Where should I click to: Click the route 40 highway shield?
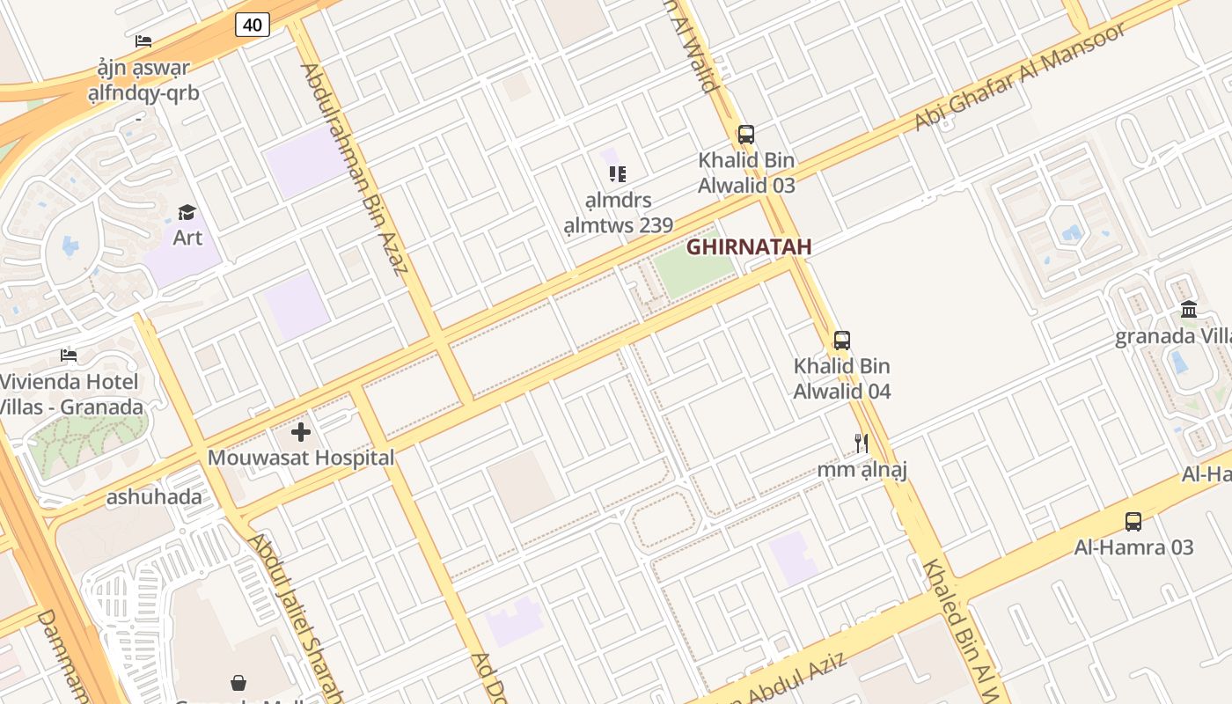click(252, 25)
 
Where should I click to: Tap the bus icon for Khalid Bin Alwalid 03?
click(746, 135)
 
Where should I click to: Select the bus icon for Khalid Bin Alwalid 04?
click(842, 340)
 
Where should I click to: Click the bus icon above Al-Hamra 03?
click(1133, 521)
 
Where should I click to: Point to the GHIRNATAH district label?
click(749, 247)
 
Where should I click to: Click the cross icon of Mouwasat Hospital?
click(301, 432)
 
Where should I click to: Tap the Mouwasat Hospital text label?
click(301, 458)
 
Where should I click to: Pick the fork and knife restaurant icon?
click(862, 443)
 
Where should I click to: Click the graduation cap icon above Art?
click(187, 212)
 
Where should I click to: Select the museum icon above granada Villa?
click(1190, 309)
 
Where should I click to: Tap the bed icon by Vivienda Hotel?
click(69, 356)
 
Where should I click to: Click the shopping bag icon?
click(238, 683)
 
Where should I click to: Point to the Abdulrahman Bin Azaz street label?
click(355, 169)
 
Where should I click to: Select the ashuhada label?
click(154, 497)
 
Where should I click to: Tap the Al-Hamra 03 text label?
click(1133, 547)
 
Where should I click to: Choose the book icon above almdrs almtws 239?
click(618, 174)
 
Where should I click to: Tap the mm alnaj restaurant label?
click(862, 469)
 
